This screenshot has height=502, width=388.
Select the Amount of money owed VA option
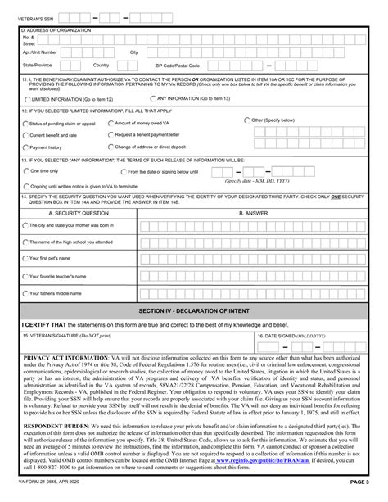111,123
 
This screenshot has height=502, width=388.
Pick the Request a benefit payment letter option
111,134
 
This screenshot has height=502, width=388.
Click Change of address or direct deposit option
111,147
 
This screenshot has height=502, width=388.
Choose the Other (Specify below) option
248,120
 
